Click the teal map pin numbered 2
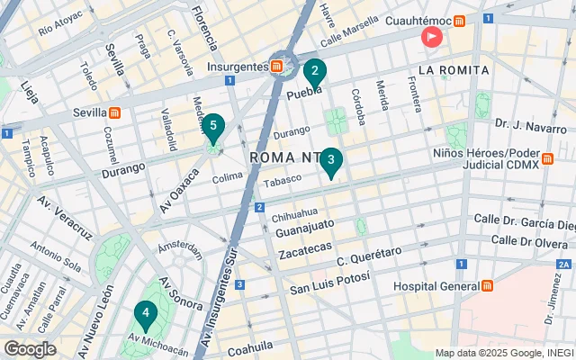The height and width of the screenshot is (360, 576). tap(314, 72)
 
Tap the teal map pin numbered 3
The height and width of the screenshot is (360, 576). tap(331, 162)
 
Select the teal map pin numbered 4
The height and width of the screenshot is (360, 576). tap(145, 314)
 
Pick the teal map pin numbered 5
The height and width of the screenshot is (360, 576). tap(213, 128)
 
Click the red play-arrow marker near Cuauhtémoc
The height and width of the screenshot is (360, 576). tap(432, 37)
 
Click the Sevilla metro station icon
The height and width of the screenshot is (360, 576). tap(115, 112)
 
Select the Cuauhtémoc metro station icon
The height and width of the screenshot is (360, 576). tap(460, 20)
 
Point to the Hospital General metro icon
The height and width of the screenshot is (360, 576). tap(487, 285)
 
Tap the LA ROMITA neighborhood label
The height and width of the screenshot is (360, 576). tap(453, 69)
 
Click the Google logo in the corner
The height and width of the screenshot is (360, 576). tap(30, 349)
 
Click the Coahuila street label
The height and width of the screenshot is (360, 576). tap(251, 350)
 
